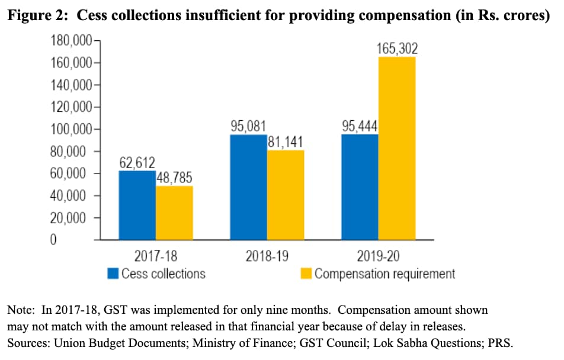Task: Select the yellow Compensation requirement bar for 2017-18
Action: [174, 213]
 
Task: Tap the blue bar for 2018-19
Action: [248, 187]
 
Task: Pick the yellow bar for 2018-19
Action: [286, 195]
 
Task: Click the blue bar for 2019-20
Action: [360, 187]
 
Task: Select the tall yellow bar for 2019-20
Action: [397, 148]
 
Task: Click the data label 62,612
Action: [135, 162]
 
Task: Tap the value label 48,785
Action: [174, 178]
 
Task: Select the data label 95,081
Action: [248, 126]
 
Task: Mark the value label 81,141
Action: [286, 142]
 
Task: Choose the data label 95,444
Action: [359, 126]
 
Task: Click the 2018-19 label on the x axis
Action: [267, 257]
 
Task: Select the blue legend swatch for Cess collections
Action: [113, 274]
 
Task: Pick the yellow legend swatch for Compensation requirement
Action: [306, 274]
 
